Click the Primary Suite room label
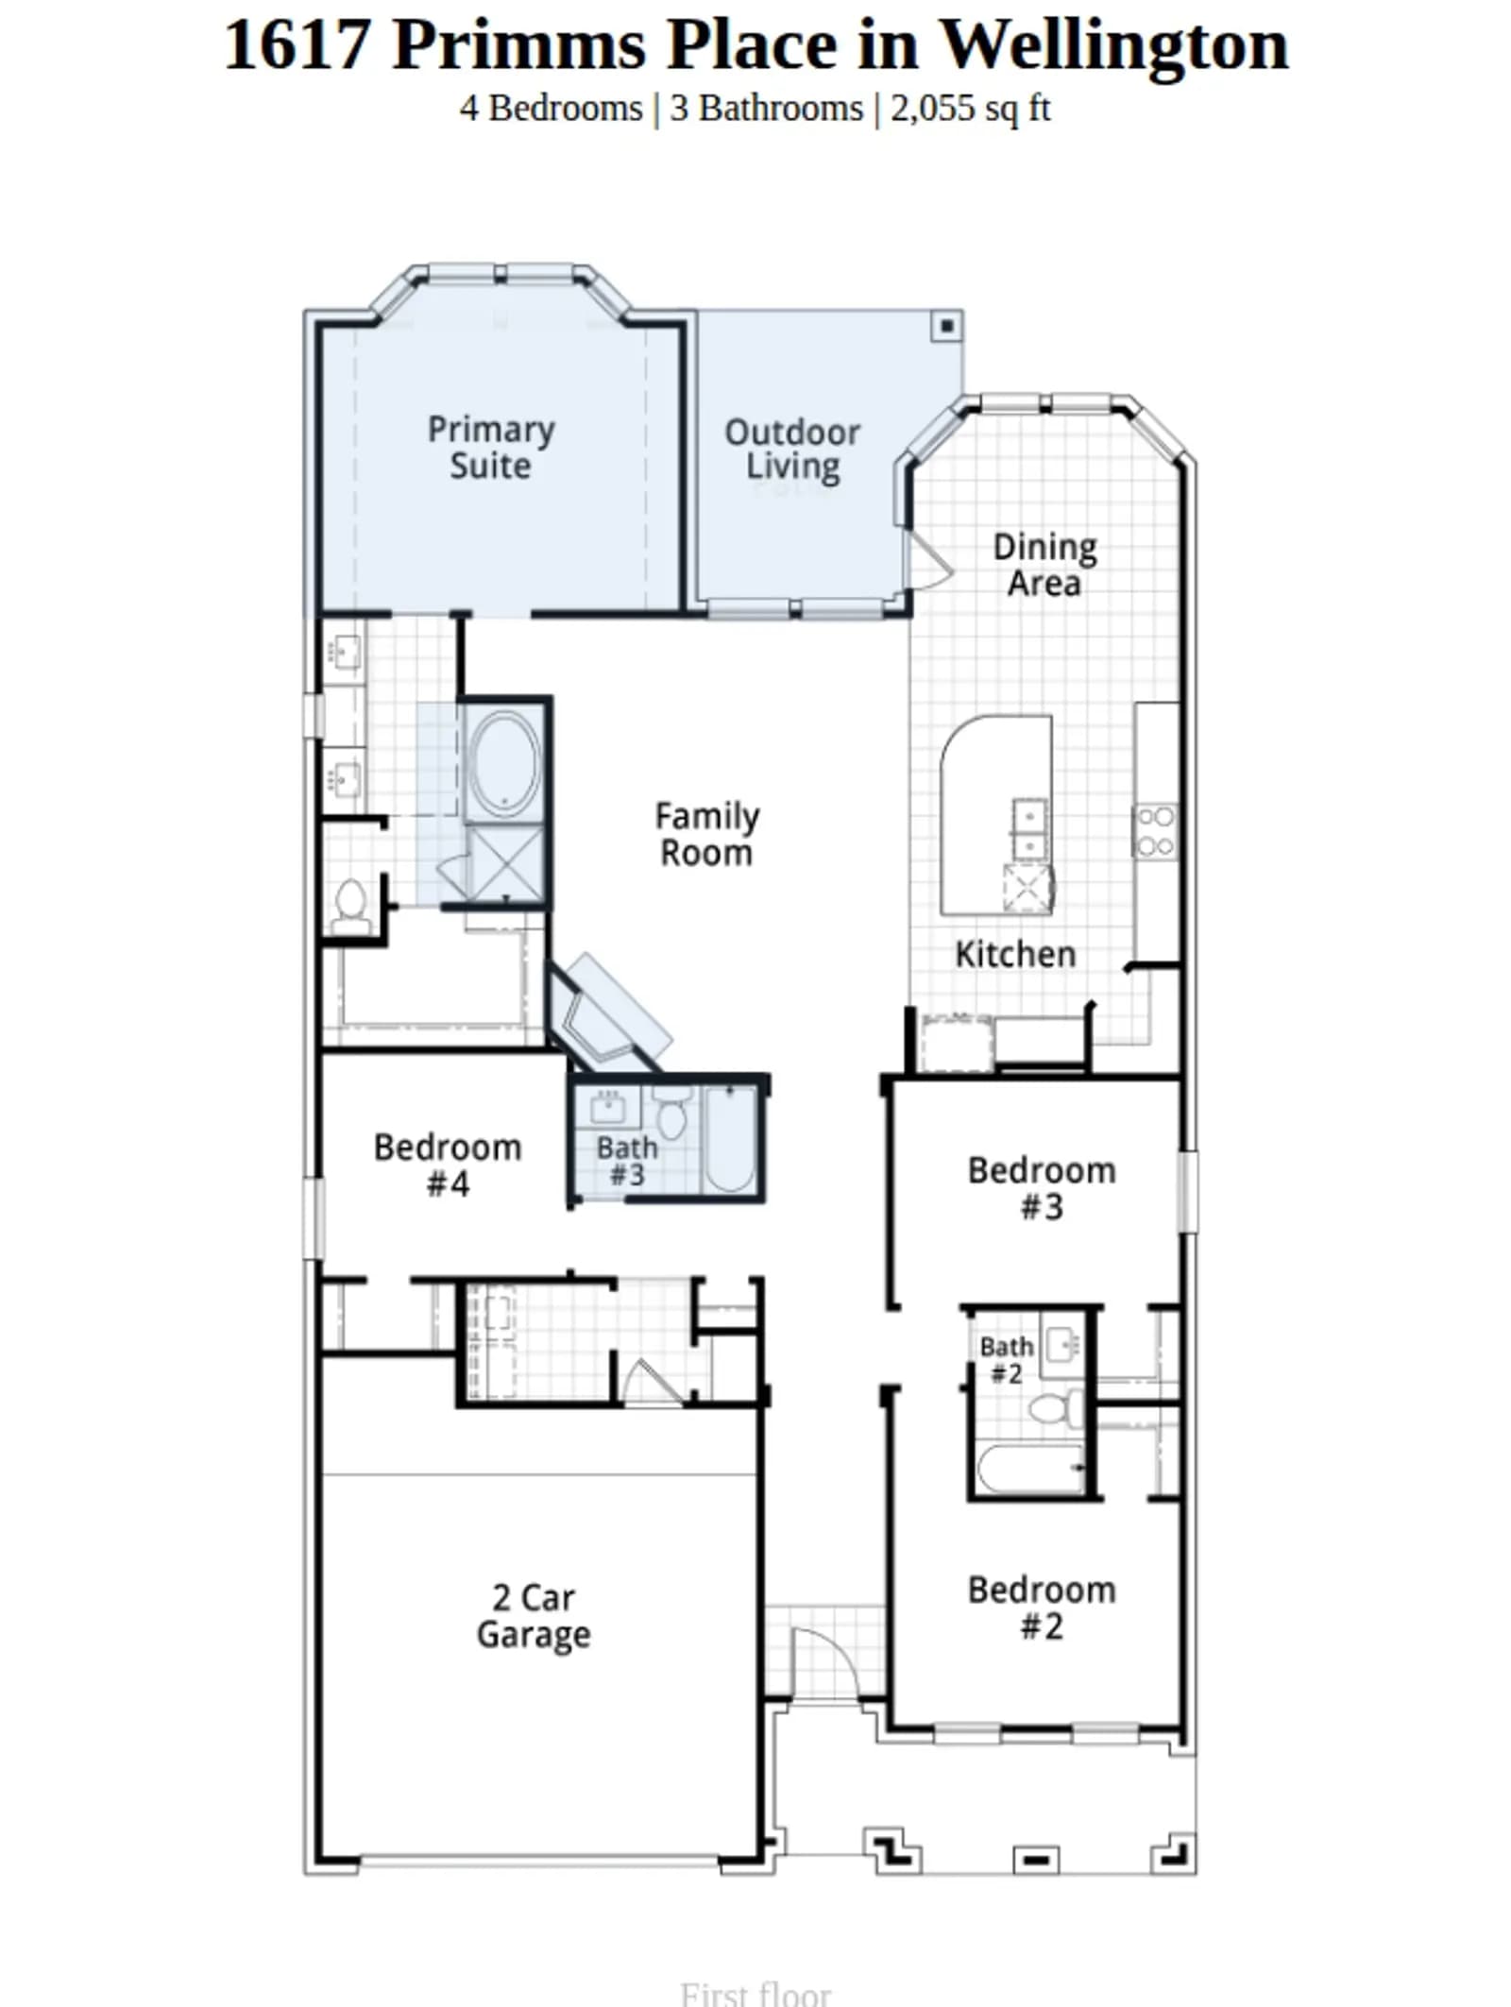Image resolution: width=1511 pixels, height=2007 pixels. (x=490, y=447)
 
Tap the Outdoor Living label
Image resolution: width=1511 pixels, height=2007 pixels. (x=791, y=450)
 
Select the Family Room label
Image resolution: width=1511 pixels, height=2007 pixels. (x=706, y=833)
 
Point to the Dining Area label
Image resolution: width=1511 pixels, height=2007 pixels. (x=1044, y=564)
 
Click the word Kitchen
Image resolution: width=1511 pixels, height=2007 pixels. (x=1015, y=954)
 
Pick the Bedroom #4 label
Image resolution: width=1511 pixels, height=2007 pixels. (x=448, y=1165)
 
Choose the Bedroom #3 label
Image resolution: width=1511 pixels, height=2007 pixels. (x=1042, y=1187)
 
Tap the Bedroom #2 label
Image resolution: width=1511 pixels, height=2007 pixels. (x=1042, y=1607)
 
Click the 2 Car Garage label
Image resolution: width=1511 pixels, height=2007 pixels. (x=534, y=1616)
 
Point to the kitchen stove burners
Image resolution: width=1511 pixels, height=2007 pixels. (x=1156, y=831)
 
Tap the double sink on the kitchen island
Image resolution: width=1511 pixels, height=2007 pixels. (x=1029, y=828)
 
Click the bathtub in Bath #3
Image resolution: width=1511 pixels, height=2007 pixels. (x=730, y=1139)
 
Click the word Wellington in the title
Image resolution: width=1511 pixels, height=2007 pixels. (x=1115, y=45)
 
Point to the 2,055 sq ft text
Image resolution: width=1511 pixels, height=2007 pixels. (x=970, y=108)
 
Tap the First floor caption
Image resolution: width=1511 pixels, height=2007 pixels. (x=755, y=1991)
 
